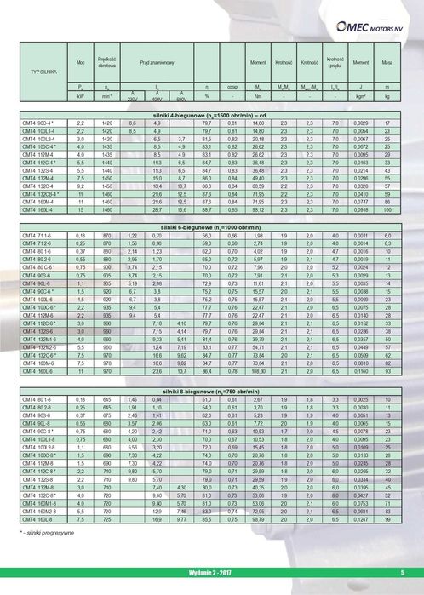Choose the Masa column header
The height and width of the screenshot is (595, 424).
(387, 64)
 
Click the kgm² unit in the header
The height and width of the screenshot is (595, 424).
(361, 97)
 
